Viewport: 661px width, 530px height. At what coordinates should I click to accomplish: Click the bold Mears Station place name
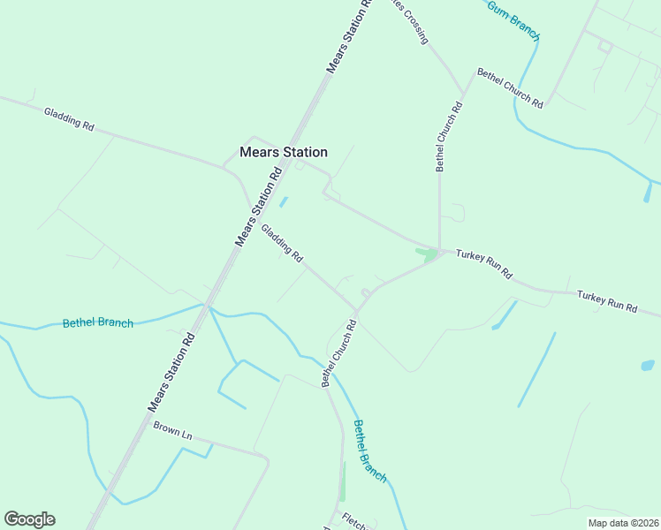pyautogui.click(x=283, y=152)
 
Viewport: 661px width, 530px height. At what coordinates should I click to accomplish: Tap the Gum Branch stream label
pyautogui.click(x=513, y=19)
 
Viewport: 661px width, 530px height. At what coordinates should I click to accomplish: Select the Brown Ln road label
pyautogui.click(x=172, y=430)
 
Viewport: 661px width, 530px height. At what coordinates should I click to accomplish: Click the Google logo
pyautogui.click(x=29, y=519)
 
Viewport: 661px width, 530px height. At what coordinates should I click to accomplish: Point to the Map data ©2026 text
pyautogui.click(x=622, y=523)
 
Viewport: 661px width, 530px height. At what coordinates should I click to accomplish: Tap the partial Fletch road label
pyautogui.click(x=359, y=519)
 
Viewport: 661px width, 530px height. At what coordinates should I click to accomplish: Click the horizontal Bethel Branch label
pyautogui.click(x=97, y=323)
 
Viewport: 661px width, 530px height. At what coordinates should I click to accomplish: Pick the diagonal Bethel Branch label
pyautogui.click(x=369, y=450)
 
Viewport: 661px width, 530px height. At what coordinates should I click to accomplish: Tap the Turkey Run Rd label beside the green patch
pyautogui.click(x=484, y=263)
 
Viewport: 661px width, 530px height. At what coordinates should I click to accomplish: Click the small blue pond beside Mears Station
pyautogui.click(x=283, y=201)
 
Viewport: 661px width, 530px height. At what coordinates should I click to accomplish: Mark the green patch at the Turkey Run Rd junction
pyautogui.click(x=428, y=255)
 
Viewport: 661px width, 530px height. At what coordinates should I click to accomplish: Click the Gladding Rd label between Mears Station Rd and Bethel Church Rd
pyautogui.click(x=282, y=244)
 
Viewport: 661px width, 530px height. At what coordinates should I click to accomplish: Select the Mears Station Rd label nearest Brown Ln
pyautogui.click(x=171, y=372)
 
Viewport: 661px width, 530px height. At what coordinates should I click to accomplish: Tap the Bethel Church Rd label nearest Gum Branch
pyautogui.click(x=510, y=88)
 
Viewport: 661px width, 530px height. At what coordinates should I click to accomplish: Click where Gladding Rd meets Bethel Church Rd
pyautogui.click(x=357, y=310)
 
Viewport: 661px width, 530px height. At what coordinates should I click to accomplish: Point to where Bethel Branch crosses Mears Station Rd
pyautogui.click(x=208, y=306)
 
